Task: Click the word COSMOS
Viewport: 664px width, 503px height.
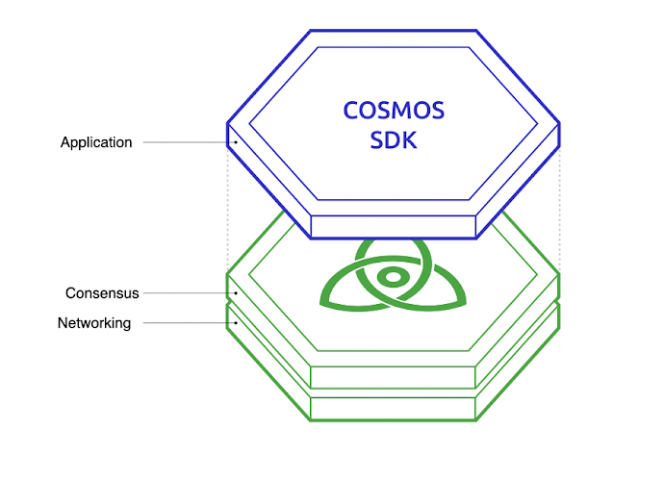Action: pyautogui.click(x=394, y=111)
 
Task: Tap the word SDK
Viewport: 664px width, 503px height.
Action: pyautogui.click(x=394, y=142)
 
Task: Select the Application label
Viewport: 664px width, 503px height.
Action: pyautogui.click(x=96, y=142)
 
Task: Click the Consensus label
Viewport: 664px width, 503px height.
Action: pyautogui.click(x=102, y=292)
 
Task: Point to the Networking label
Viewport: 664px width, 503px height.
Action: pyautogui.click(x=94, y=323)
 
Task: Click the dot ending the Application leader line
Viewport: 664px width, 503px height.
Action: pyautogui.click(x=235, y=142)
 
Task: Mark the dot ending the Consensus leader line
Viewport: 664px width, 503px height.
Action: pyautogui.click(x=235, y=292)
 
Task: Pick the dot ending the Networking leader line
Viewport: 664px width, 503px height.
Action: pyautogui.click(x=235, y=323)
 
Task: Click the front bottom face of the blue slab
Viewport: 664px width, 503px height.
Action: pyautogui.click(x=394, y=226)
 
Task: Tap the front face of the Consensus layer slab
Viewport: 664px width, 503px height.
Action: pyautogui.click(x=394, y=376)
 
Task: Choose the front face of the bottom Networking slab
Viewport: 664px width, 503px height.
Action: pyautogui.click(x=394, y=408)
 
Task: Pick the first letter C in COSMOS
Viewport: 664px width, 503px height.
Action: pyautogui.click(x=351, y=111)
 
